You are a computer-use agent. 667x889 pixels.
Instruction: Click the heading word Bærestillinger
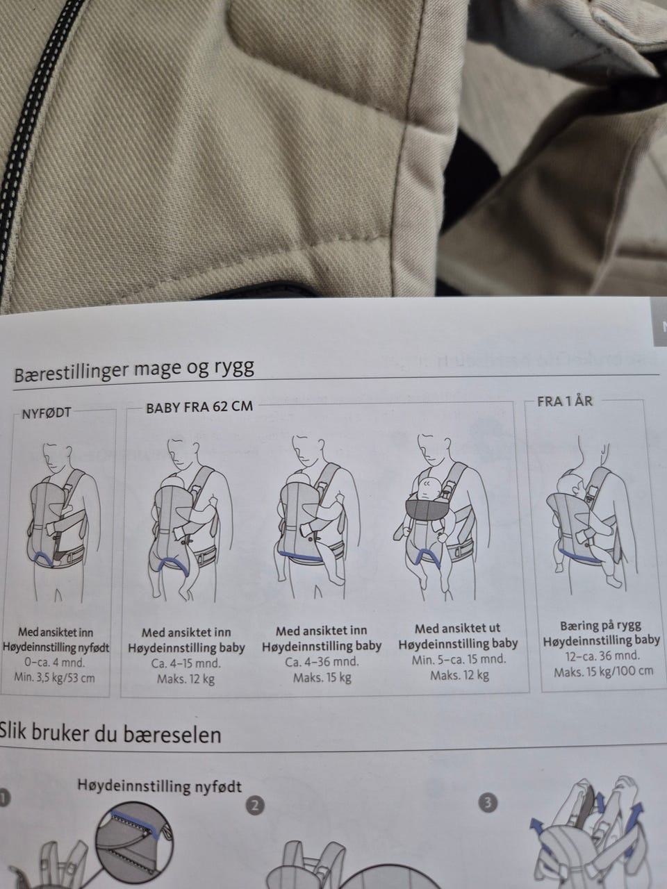(72, 372)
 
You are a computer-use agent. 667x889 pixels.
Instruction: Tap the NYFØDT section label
(46, 413)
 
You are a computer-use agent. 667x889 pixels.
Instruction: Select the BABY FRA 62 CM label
(199, 407)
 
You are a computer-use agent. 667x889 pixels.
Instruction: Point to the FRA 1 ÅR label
(565, 401)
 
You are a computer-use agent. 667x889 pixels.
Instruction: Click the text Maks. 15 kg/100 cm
(603, 672)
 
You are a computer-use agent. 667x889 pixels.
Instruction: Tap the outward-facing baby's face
(427, 490)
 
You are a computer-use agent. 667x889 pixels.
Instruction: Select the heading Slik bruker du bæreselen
(110, 733)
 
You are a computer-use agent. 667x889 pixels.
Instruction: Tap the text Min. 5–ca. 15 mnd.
(459, 659)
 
